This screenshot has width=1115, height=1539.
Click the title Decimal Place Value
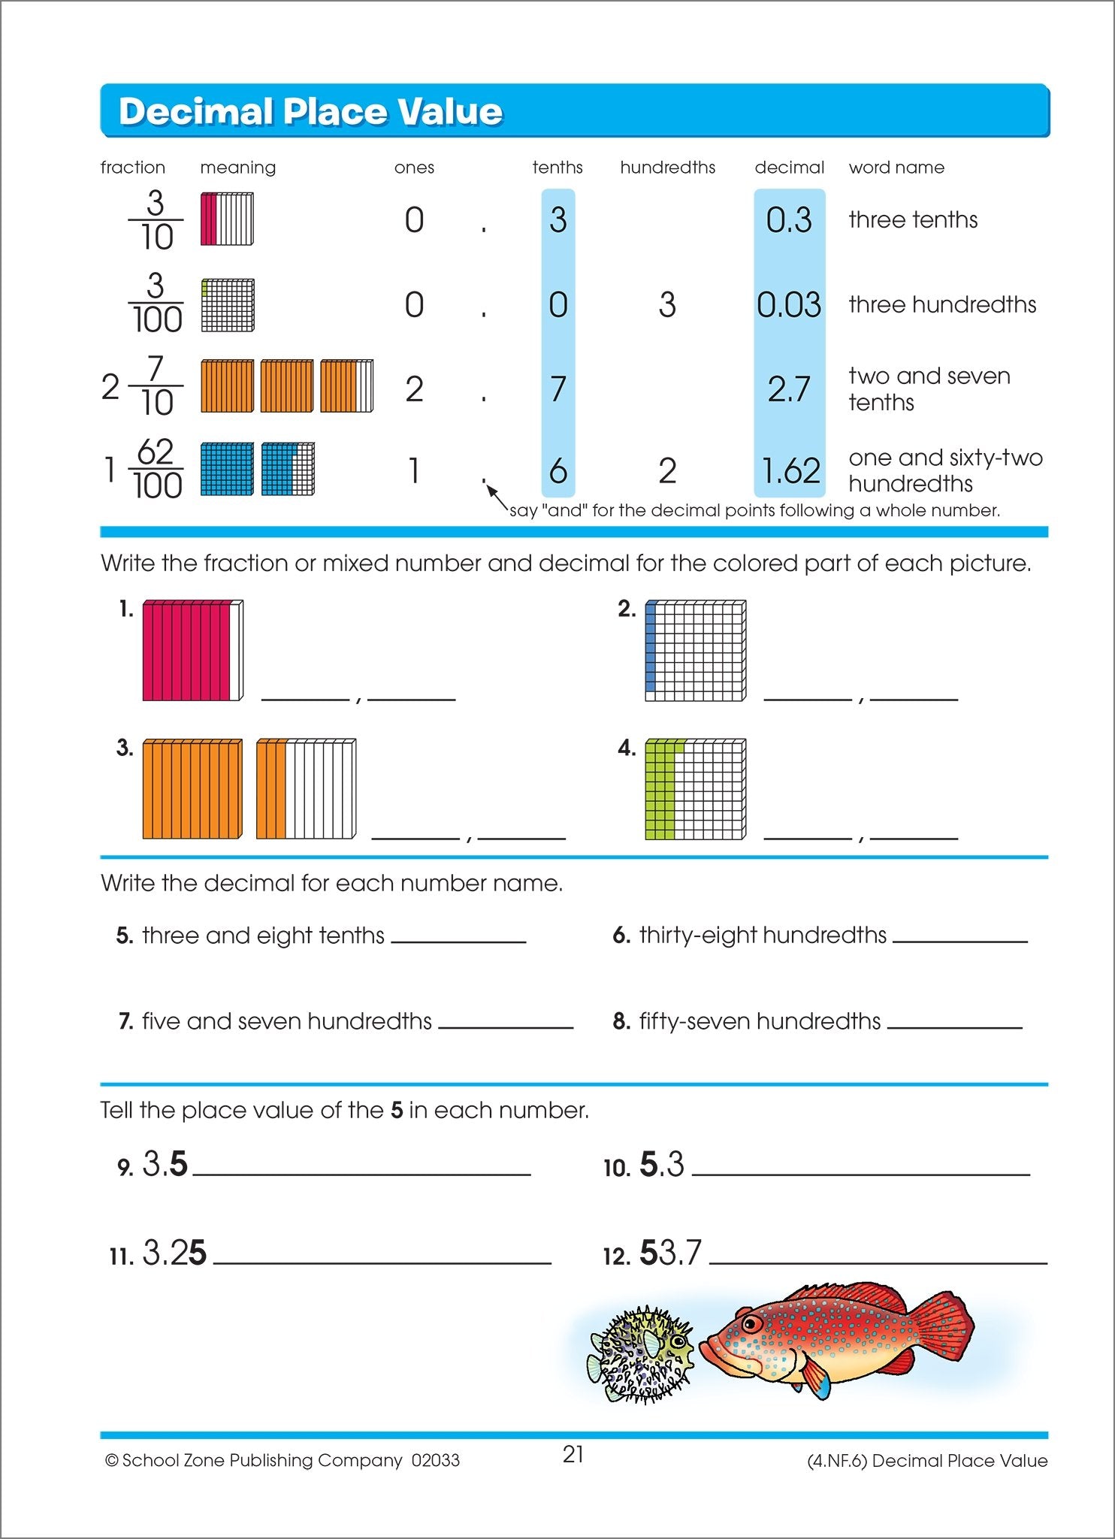pos(310,111)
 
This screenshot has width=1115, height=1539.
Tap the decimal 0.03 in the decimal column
pos(789,304)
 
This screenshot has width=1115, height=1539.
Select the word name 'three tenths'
pos(913,219)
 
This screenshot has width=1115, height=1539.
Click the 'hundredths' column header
pos(667,167)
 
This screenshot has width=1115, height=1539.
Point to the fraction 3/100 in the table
pos(156,304)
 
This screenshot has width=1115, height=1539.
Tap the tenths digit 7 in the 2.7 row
pos(557,389)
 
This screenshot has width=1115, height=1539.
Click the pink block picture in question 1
pos(192,651)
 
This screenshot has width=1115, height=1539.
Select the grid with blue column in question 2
pos(695,651)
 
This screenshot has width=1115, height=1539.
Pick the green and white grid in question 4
pos(695,789)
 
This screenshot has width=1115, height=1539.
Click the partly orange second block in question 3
pos(306,789)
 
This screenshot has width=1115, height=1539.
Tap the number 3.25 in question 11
pos(174,1253)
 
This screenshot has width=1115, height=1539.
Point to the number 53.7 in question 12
pos(670,1253)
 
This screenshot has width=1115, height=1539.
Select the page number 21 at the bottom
pos(573,1454)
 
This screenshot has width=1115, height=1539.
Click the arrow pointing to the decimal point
pos(497,497)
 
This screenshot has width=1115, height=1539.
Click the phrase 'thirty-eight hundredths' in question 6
pos(763,935)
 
